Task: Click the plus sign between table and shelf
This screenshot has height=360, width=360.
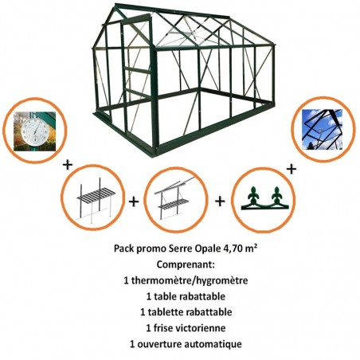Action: (x=134, y=202)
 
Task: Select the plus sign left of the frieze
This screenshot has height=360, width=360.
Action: (x=219, y=201)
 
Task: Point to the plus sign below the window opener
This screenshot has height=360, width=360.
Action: (x=292, y=169)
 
